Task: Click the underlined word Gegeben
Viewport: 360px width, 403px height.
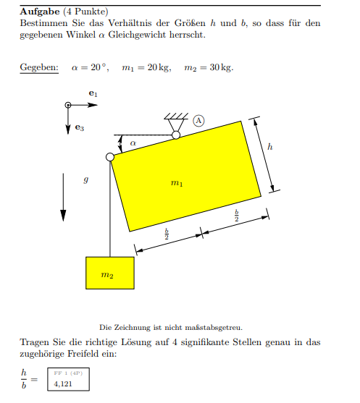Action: [39, 68]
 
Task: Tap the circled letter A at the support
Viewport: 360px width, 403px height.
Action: [198, 121]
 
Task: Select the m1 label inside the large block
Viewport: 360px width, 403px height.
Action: [177, 184]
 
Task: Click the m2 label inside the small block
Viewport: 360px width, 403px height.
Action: [107, 275]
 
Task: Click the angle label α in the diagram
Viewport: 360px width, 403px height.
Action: [133, 144]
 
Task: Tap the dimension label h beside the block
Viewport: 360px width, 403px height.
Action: [270, 147]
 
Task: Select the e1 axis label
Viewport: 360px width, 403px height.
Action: [92, 94]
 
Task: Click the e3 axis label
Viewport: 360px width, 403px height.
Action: [80, 128]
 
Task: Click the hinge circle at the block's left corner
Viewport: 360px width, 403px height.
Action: [110, 157]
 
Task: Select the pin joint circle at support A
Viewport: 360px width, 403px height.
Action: [175, 135]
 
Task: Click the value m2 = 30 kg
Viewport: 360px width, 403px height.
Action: [209, 68]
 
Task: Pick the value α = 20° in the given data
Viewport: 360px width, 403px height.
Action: [89, 68]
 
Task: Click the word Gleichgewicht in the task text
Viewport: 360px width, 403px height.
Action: [177, 35]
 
